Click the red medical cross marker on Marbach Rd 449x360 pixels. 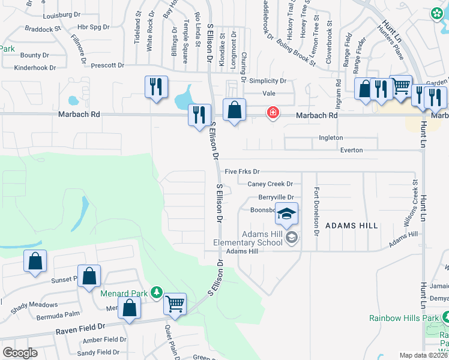click(x=273, y=112)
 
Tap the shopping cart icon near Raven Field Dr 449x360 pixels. click(x=175, y=304)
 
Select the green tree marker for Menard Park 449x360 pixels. click(x=157, y=292)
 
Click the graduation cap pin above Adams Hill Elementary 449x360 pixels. click(x=287, y=213)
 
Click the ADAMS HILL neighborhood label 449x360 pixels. click(x=352, y=226)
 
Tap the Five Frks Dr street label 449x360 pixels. click(x=242, y=172)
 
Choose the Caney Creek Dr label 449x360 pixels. click(x=270, y=184)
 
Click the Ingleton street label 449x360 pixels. click(x=331, y=137)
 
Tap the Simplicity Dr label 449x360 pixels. click(x=268, y=81)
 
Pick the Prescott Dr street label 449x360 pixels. click(x=108, y=65)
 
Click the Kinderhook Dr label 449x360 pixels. click(x=40, y=68)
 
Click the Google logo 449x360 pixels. click(x=20, y=353)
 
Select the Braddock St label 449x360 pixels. click(x=43, y=28)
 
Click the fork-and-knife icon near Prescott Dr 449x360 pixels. click(x=154, y=86)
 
